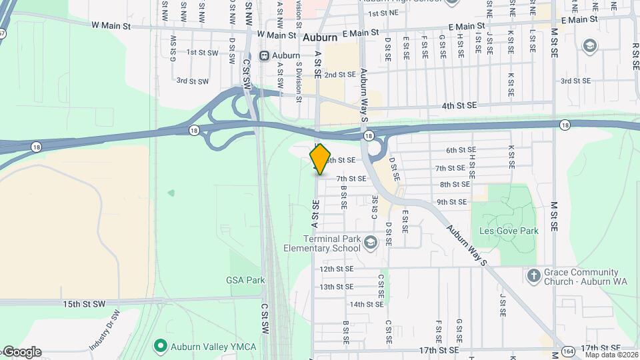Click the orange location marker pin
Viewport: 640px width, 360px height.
(x=320, y=159)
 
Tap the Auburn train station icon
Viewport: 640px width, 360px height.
(x=265, y=55)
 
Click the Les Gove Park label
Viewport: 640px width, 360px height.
(x=508, y=231)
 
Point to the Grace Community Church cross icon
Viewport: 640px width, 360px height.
(x=533, y=275)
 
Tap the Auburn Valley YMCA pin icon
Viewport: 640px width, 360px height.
(x=160, y=346)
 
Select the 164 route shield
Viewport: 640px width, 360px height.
(x=567, y=351)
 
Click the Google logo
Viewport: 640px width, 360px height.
(x=21, y=352)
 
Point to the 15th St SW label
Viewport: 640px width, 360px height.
(x=85, y=304)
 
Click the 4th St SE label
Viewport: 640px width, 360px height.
(x=460, y=105)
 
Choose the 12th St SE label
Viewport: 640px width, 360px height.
(x=336, y=269)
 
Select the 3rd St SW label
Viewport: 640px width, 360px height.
(x=192, y=81)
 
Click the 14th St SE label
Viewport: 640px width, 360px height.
(x=366, y=304)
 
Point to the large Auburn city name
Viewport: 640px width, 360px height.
(x=319, y=38)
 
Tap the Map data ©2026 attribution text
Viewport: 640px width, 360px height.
(x=611, y=355)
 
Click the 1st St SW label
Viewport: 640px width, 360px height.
(x=202, y=52)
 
